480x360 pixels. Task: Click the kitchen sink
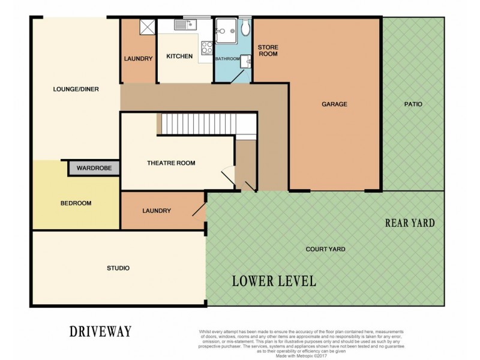pyautogui.click(x=183, y=25)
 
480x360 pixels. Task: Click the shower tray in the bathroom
pyautogui.click(x=226, y=28)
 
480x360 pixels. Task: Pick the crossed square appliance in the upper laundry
pyautogui.click(x=146, y=27)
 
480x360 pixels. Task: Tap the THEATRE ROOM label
pyautogui.click(x=171, y=163)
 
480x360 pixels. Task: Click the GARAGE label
pyautogui.click(x=334, y=104)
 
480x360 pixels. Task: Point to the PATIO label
pyautogui.click(x=413, y=104)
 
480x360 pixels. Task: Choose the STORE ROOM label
pyautogui.click(x=268, y=50)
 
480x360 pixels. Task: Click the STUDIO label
pyautogui.click(x=118, y=268)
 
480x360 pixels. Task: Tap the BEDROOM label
pyautogui.click(x=76, y=203)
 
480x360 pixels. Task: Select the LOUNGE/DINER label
pyautogui.click(x=76, y=89)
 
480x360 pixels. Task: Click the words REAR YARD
pyautogui.click(x=410, y=223)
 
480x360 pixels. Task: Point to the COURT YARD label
pyautogui.click(x=325, y=249)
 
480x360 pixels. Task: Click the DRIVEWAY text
pyautogui.click(x=100, y=331)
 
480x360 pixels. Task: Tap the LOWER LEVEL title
pyautogui.click(x=274, y=281)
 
